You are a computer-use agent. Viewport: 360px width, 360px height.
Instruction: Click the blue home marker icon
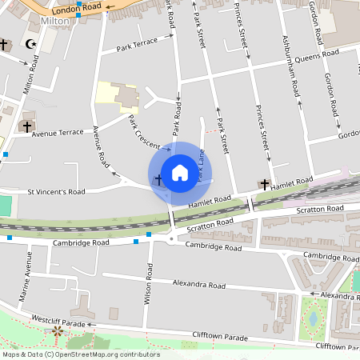pos(180,172)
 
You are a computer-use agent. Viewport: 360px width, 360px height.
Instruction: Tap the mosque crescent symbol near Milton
pos(31,44)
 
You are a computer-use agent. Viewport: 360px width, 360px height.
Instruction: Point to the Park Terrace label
pos(137,48)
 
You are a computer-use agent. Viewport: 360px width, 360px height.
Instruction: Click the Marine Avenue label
pos(28,276)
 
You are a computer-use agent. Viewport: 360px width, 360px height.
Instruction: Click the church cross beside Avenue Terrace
pos(26,126)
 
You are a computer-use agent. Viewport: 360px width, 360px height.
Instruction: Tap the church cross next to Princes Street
pos(264,184)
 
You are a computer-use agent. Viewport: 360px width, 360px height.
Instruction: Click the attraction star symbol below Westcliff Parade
pos(58,330)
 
